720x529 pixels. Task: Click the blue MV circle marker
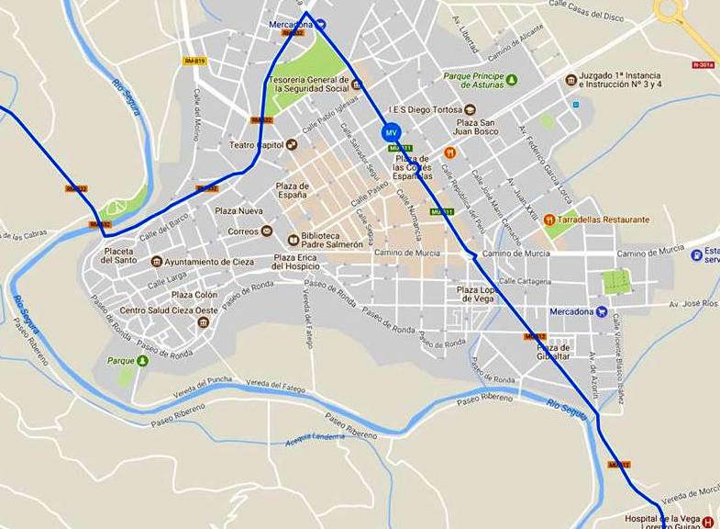(392, 133)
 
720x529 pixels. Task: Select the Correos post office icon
(267, 231)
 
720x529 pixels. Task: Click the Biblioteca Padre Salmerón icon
(294, 238)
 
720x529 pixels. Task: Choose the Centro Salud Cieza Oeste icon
(204, 321)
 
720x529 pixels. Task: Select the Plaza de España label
(293, 191)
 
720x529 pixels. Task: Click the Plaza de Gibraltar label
(553, 353)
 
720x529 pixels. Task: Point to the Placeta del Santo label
(119, 255)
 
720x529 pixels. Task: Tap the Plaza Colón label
(194, 295)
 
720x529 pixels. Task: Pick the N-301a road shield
(703, 65)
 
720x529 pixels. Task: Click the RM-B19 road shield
(194, 61)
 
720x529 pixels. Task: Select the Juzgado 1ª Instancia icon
(571, 80)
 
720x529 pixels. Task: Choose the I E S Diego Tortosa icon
(470, 109)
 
